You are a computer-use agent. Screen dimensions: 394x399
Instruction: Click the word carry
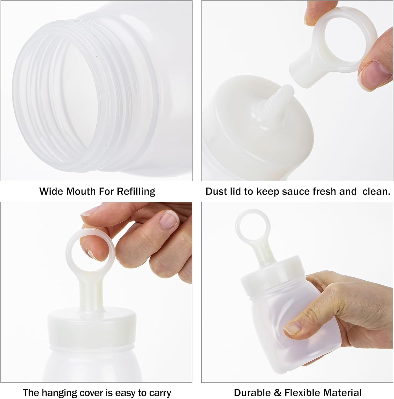(159, 393)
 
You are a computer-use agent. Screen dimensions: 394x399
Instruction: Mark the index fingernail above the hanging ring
(170, 220)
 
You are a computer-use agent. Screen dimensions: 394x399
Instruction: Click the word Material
(342, 393)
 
